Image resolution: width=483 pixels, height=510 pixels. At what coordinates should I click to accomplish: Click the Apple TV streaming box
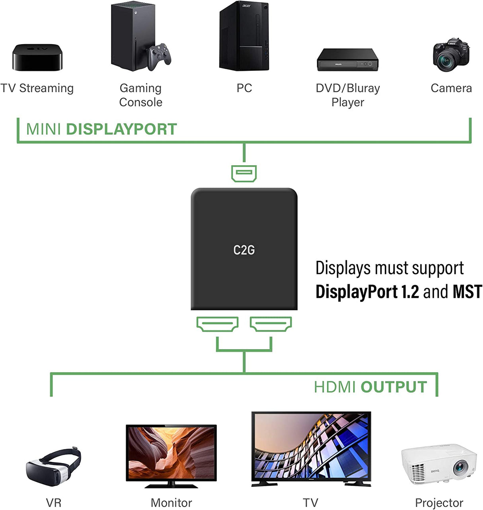tap(37, 57)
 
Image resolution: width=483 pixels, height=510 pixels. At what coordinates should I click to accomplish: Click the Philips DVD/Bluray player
tap(347, 60)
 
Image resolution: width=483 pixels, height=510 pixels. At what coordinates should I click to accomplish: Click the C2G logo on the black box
tap(244, 250)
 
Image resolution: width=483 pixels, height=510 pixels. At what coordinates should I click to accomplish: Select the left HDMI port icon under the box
tap(217, 323)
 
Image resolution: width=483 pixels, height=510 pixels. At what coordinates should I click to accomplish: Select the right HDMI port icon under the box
tap(271, 323)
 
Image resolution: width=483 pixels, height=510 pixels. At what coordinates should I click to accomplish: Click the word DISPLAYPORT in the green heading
tap(121, 129)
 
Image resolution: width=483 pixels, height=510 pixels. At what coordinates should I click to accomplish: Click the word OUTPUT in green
tap(393, 387)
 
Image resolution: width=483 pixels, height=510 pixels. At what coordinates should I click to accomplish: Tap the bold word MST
tap(467, 292)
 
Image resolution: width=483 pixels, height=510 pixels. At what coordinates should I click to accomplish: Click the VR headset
tap(53, 467)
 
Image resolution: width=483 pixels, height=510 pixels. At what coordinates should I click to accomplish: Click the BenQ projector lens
tap(460, 466)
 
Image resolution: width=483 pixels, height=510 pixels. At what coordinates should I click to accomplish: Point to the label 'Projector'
tap(439, 503)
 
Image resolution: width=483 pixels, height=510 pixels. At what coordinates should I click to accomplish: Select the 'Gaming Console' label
tap(140, 95)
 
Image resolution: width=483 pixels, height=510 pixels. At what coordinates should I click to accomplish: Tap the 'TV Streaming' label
tap(37, 88)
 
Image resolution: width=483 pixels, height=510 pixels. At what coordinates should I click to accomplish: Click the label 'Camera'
tap(451, 88)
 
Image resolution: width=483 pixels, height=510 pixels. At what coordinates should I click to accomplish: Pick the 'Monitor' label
tap(171, 503)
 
